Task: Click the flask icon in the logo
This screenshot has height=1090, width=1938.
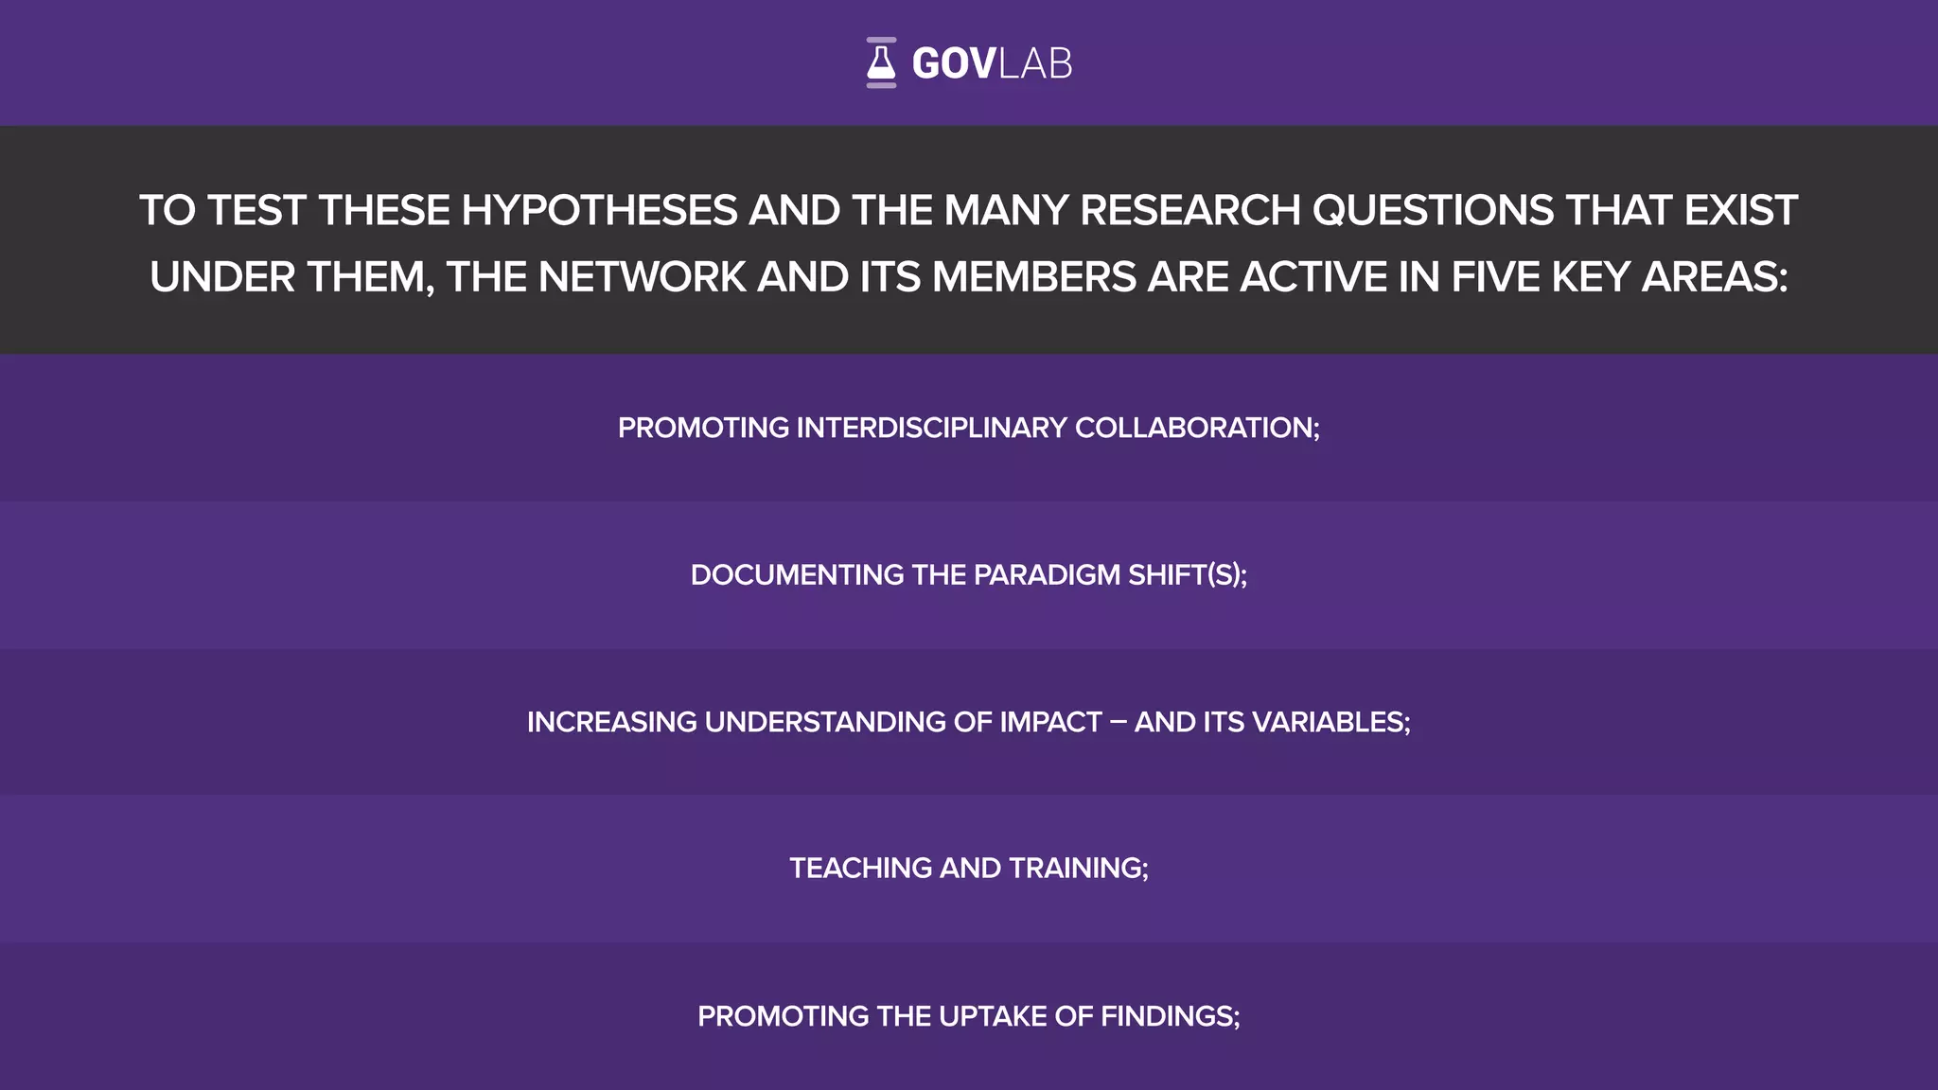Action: click(x=881, y=62)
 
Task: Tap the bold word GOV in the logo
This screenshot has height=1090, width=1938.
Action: click(x=953, y=64)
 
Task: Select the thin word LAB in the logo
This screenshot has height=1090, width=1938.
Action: click(x=1035, y=64)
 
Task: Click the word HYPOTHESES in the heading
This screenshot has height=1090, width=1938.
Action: click(x=599, y=210)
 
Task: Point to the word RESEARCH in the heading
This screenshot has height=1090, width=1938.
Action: click(x=1189, y=210)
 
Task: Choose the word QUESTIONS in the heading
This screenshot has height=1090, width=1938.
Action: click(x=1433, y=210)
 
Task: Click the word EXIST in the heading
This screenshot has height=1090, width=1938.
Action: click(x=1740, y=210)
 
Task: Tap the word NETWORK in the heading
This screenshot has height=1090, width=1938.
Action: click(x=643, y=277)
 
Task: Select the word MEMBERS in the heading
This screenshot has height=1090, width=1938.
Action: click(x=1034, y=277)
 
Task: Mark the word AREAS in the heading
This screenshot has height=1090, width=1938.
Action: click(x=1715, y=277)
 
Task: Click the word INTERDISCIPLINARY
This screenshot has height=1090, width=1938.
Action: click(x=932, y=428)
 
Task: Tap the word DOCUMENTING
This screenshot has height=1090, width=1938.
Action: click(x=797, y=575)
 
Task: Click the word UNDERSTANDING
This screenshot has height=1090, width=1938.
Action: click(x=825, y=722)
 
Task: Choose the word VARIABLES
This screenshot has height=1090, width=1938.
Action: click(x=1330, y=722)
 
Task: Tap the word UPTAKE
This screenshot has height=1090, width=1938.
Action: click(x=993, y=1016)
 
